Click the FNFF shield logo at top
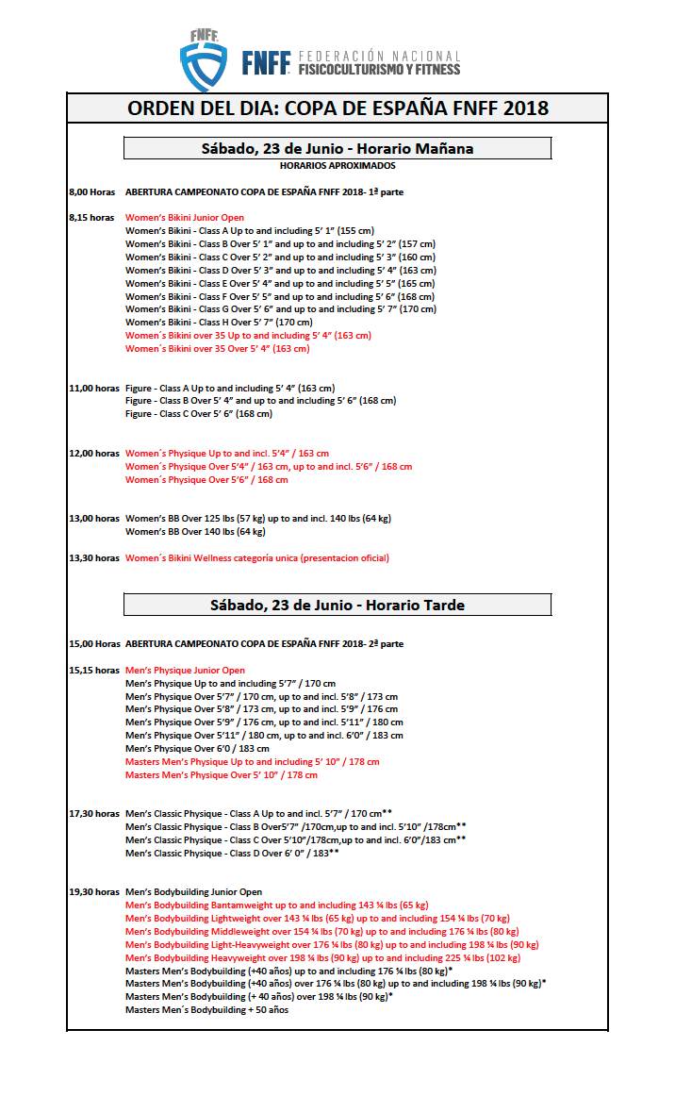(204, 59)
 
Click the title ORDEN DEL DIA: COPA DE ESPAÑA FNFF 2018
(337, 108)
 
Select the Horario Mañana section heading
(337, 148)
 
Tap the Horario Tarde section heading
(337, 605)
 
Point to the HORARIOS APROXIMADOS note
(337, 166)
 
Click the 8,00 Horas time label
(91, 191)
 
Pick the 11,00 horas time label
(94, 388)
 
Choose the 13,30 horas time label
(94, 558)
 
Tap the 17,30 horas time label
(94, 814)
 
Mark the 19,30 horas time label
(94, 892)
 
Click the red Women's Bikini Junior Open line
(185, 218)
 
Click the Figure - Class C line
(199, 414)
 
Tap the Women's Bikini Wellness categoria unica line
(257, 558)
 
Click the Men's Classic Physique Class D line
(232, 854)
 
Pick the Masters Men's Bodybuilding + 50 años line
(206, 1010)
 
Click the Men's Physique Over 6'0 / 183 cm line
(197, 749)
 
